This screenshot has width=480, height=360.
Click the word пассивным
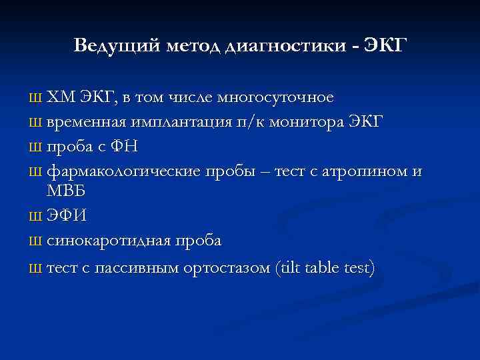coord(136,267)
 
